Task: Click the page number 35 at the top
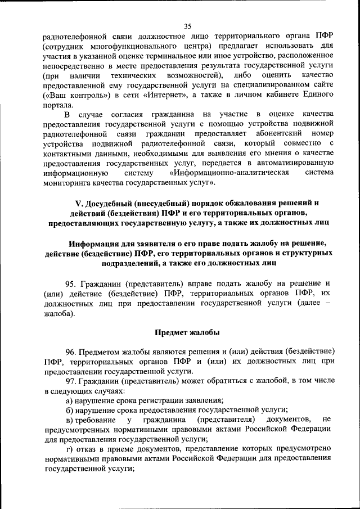[x=187, y=25]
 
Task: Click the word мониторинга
[x=68, y=183]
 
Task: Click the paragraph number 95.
[x=71, y=283]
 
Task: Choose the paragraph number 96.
[x=71, y=352]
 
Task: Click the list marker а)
[x=70, y=401]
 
